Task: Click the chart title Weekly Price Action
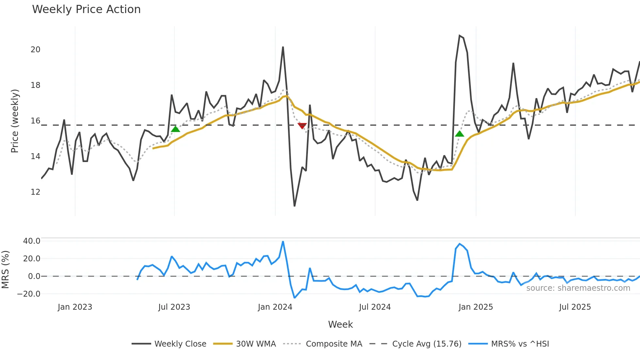pyautogui.click(x=86, y=9)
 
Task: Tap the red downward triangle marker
pyautogui.click(x=302, y=126)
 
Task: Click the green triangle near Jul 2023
pyautogui.click(x=175, y=129)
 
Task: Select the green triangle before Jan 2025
pyautogui.click(x=459, y=134)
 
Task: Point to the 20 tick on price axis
pyautogui.click(x=35, y=50)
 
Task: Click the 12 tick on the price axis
pyautogui.click(x=35, y=192)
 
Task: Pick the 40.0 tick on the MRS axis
pyautogui.click(x=32, y=241)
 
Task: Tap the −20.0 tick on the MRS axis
pyautogui.click(x=29, y=294)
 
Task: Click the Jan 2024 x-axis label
pyautogui.click(x=275, y=307)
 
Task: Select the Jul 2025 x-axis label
pyautogui.click(x=575, y=307)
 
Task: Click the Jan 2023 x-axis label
pyautogui.click(x=75, y=307)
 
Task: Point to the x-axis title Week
pyautogui.click(x=340, y=324)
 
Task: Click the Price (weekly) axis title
pyautogui.click(x=15, y=121)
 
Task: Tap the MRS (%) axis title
pyautogui.click(x=6, y=270)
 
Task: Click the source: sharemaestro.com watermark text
pyautogui.click(x=578, y=288)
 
